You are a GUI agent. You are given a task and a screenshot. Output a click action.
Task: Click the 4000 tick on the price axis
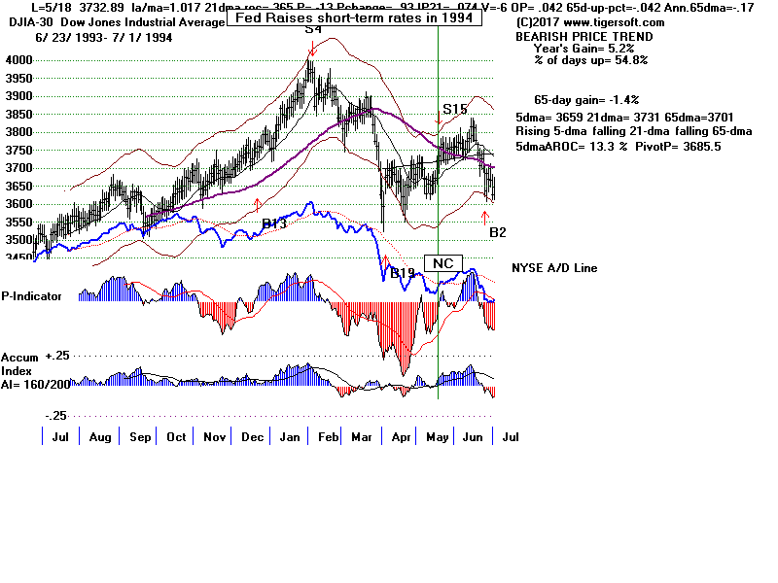point(18,60)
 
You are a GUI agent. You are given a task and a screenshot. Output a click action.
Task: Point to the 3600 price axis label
point(18,204)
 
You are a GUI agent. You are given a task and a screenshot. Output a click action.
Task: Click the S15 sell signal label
point(455,109)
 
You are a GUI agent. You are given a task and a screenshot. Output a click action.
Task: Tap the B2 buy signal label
point(497,232)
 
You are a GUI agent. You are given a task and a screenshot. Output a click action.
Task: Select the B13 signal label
point(274,224)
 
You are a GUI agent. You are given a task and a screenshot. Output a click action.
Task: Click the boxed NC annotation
point(443,263)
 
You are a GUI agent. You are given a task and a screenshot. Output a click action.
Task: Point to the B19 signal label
point(403,273)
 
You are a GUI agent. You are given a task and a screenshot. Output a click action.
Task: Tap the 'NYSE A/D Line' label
point(554,268)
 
